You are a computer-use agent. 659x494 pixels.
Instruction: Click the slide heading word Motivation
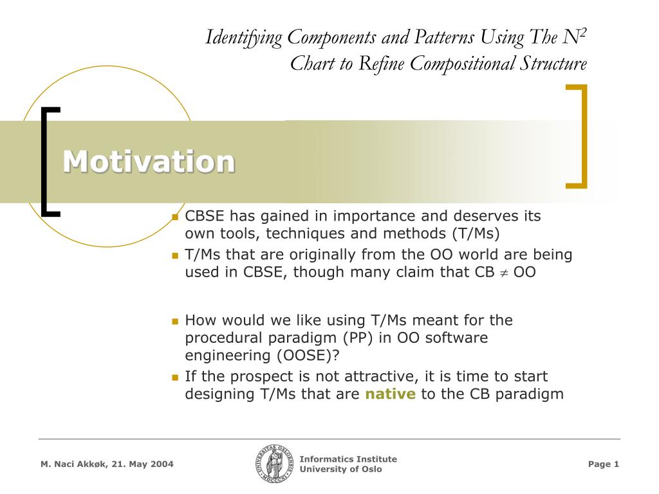pyautogui.click(x=149, y=161)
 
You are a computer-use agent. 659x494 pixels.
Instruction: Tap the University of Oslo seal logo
pyautogui.click(x=274, y=464)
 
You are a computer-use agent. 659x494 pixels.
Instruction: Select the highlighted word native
pyautogui.click(x=390, y=394)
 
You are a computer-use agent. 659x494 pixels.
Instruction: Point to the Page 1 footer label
pyautogui.click(x=603, y=464)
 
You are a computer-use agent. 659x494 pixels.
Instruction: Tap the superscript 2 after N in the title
pyautogui.click(x=582, y=32)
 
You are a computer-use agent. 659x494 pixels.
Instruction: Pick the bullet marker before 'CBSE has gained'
pyautogui.click(x=174, y=217)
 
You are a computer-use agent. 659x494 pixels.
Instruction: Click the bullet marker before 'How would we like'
pyautogui.click(x=174, y=320)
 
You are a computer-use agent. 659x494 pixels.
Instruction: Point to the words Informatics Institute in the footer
pyautogui.click(x=348, y=459)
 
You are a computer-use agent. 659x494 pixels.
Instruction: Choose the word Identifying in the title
pyautogui.click(x=244, y=37)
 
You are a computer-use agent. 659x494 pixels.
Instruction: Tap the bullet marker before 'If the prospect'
pyautogui.click(x=174, y=377)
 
